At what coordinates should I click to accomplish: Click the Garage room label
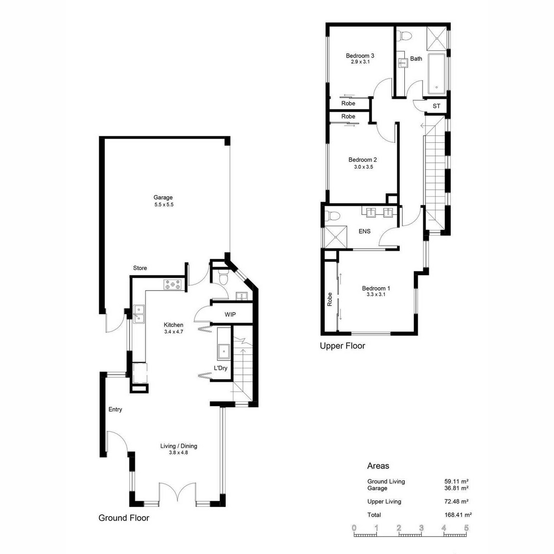pos(163,198)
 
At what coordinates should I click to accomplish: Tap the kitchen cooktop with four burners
pos(173,285)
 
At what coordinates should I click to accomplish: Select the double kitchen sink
pos(138,314)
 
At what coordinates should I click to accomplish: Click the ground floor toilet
pos(223,277)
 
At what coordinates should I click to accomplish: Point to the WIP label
pos(230,314)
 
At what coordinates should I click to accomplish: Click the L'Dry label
pos(221,367)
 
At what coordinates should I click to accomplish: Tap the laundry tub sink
pos(223,351)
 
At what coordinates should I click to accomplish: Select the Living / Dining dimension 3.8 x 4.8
pos(179,452)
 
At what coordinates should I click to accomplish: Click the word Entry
pos(115,409)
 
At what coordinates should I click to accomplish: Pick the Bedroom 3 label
pos(360,55)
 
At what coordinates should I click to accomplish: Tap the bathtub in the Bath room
pos(437,74)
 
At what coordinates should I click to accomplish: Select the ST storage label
pos(436,106)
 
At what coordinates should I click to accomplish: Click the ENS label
pos(365,231)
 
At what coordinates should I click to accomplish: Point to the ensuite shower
pos(336,237)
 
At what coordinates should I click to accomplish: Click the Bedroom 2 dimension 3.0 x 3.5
pos(363,167)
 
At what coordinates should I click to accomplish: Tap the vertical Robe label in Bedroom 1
pos(330,299)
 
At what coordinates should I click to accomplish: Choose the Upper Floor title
pos(343,346)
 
